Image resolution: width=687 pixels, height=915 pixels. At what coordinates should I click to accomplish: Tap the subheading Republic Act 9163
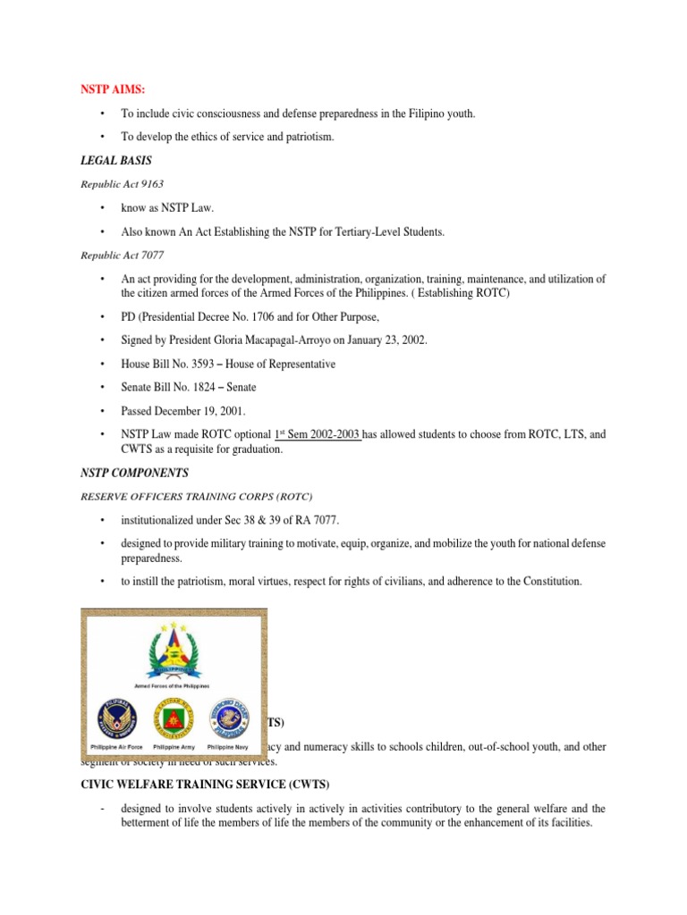click(x=122, y=182)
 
